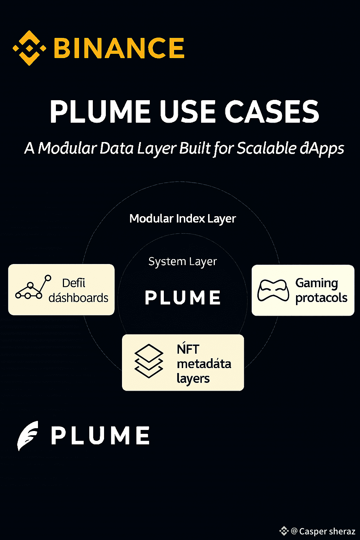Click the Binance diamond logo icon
29,48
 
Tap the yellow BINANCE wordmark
119,48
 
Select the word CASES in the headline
271,112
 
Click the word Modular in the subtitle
67,148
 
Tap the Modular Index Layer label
182,219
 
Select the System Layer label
182,262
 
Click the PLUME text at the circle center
183,298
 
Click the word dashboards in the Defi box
78,298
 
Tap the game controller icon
273,290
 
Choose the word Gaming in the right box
317,283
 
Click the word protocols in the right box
321,298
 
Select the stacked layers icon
149,361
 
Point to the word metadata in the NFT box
204,364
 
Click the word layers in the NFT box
193,379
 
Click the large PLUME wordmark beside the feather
101,435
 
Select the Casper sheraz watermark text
327,531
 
